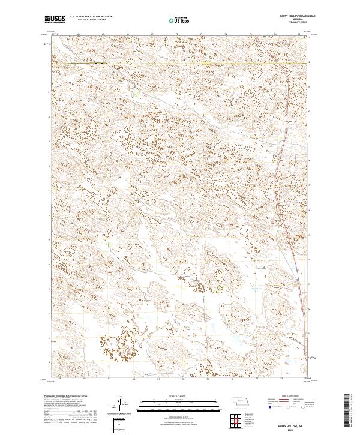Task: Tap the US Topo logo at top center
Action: [180, 20]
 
